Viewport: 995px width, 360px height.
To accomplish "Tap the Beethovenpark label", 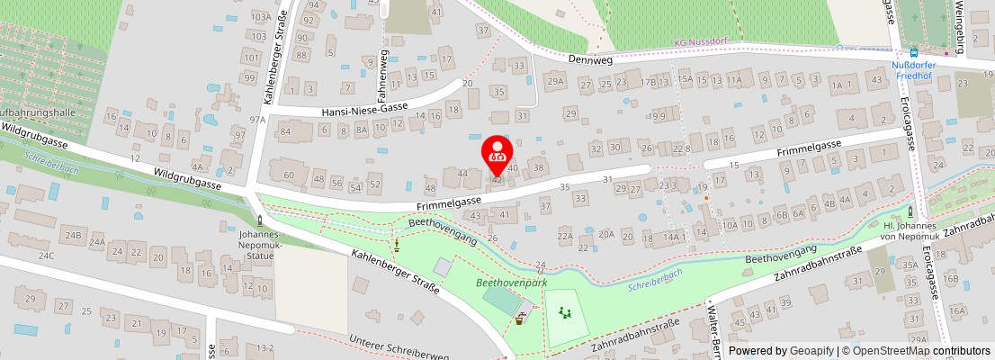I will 512,283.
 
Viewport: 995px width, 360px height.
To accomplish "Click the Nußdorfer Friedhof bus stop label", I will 913,71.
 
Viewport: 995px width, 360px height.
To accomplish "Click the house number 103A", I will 261,17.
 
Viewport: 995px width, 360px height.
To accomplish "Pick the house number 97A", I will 258,119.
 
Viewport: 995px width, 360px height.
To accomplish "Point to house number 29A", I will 555,83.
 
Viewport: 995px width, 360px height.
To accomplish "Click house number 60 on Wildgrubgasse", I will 289,175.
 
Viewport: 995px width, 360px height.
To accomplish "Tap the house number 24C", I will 46,256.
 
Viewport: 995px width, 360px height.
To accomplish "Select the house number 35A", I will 910,265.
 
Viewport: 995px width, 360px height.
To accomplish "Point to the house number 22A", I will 565,237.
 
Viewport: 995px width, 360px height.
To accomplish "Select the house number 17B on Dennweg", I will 648,83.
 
